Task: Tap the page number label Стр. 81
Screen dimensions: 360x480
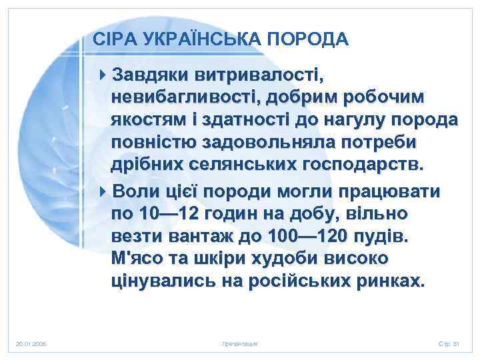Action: coord(450,343)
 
